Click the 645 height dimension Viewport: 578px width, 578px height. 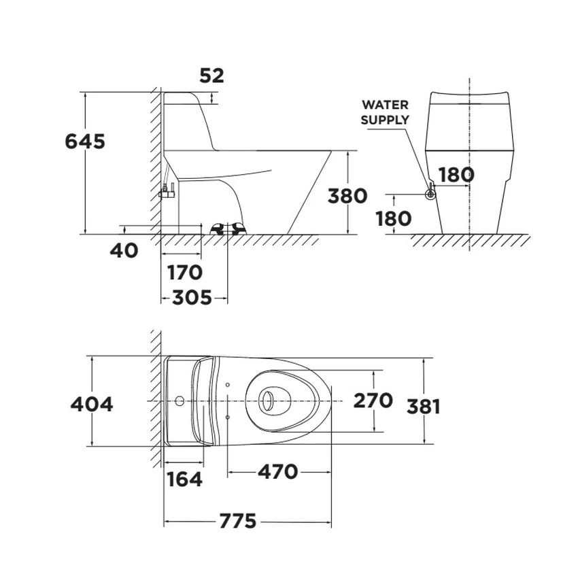click(85, 141)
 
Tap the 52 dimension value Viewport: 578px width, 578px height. click(211, 76)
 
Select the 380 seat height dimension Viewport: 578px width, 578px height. click(347, 196)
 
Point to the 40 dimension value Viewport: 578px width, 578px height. click(124, 251)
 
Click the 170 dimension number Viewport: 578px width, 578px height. click(185, 273)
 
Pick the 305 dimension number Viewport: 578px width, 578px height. click(192, 297)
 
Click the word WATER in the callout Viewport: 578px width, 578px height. click(385, 105)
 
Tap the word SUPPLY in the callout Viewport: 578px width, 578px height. click(385, 120)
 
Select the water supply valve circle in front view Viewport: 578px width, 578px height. click(430, 194)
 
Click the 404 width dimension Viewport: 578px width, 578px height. click(92, 405)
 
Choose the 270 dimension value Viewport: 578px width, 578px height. click(373, 401)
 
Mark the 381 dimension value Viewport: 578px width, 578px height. click(424, 407)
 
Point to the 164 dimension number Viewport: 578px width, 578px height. click(185, 479)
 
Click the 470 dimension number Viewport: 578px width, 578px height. click(278, 472)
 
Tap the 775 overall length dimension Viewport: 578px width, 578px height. click(238, 522)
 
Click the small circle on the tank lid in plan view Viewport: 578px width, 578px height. click(180, 401)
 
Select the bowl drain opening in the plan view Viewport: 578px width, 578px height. click(267, 401)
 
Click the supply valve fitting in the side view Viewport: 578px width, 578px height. click(168, 192)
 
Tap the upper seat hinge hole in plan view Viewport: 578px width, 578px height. click(227, 385)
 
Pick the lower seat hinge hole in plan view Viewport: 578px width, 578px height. click(227, 417)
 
